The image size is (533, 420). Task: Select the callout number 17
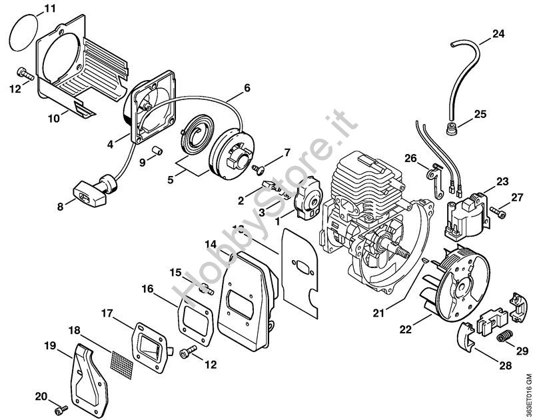[107, 313]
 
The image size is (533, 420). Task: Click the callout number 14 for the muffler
[211, 243]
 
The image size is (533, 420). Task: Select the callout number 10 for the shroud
[54, 117]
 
